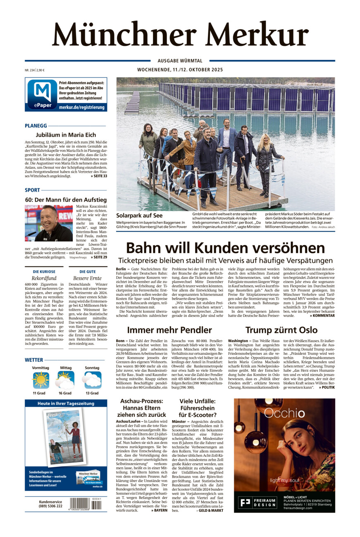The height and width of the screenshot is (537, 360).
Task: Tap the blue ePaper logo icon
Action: (42, 94)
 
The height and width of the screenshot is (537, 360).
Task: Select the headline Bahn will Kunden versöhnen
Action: (225, 248)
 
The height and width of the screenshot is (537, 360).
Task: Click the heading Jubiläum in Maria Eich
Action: (66, 135)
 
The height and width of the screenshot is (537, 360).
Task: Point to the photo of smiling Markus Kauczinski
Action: (49, 223)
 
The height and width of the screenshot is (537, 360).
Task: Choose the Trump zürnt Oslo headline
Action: (281, 330)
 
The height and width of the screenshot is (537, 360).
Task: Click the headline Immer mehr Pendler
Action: (169, 330)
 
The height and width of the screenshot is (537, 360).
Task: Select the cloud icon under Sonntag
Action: (92, 380)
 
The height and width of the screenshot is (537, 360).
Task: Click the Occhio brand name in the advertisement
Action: (284, 413)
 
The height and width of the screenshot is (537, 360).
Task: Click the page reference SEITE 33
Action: (99, 176)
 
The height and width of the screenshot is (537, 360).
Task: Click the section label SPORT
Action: (32, 190)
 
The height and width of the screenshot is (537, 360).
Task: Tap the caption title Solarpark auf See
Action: (139, 216)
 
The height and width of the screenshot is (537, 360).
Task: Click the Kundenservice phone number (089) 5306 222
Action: (51, 506)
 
